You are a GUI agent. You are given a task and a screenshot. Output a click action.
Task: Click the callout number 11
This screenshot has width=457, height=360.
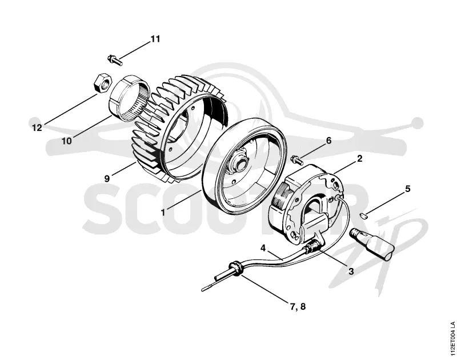155,39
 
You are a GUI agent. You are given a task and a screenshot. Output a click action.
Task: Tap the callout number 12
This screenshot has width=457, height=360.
37,127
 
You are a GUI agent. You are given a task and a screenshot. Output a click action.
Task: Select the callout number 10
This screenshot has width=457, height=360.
67,141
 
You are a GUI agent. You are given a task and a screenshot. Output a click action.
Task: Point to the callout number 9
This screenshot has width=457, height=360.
107,178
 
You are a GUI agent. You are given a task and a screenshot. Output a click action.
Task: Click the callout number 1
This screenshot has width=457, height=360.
163,212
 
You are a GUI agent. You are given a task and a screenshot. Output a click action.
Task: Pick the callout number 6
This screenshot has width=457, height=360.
329,141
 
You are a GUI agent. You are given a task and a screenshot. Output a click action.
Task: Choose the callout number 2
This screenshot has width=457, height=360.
360,159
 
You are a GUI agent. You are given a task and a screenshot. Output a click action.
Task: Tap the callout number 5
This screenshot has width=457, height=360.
408,189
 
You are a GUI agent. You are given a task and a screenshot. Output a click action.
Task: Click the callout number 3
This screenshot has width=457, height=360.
351,271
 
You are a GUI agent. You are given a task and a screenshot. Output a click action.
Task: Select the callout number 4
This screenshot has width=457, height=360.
263,249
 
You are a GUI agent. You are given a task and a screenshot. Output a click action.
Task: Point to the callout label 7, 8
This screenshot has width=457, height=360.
298,307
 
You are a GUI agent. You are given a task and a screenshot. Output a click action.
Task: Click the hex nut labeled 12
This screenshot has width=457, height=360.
102,83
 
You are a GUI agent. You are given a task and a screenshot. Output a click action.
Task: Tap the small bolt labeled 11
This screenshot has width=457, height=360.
115,60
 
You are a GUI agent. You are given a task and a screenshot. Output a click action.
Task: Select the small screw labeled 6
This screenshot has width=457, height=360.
296,159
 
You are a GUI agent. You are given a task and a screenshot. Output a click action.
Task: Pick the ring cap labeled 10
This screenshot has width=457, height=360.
129,98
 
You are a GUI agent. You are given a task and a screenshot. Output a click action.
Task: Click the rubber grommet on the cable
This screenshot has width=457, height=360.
236,269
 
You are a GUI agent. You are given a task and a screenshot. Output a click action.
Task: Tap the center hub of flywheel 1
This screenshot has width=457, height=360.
240,160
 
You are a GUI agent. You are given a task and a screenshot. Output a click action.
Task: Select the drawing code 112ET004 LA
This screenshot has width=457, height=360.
452,339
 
